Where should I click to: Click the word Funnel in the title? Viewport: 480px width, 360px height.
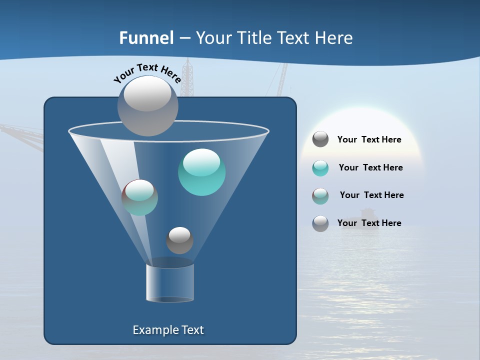tap(146, 38)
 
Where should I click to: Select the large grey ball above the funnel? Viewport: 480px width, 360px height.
tap(147, 105)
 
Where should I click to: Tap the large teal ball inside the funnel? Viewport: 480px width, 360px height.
tap(201, 172)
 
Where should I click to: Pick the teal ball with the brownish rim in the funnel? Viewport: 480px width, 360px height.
tap(139, 197)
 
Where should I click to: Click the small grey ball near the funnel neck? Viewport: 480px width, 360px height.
tap(179, 240)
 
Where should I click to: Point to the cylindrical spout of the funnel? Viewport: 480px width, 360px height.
tap(170, 282)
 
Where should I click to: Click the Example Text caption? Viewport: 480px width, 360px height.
tap(168, 330)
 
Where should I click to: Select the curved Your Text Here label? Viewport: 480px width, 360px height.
tap(147, 72)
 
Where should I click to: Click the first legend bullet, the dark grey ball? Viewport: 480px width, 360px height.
tap(320, 139)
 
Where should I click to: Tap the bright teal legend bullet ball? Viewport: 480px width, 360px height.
tap(320, 168)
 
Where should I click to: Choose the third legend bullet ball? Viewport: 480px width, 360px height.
tap(320, 196)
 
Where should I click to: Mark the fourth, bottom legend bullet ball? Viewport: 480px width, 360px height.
tap(320, 223)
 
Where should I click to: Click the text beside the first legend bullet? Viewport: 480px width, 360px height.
tap(369, 140)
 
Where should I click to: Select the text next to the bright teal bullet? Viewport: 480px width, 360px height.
tap(370, 168)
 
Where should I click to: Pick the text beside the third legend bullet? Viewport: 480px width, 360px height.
tap(371, 195)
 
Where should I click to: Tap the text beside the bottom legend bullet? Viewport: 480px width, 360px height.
tap(369, 223)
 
